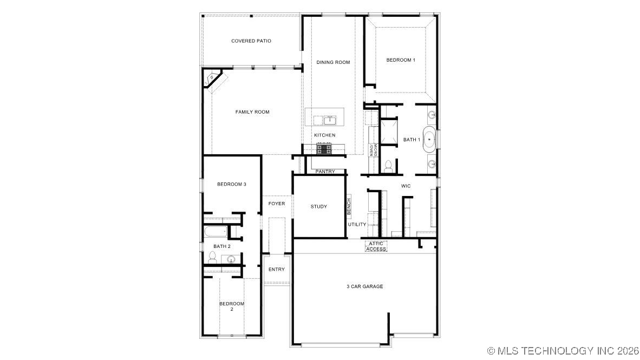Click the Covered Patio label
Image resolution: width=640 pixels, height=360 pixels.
tap(251, 41)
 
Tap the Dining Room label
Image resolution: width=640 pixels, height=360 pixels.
tap(333, 62)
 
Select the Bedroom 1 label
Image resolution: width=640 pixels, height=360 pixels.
tap(401, 60)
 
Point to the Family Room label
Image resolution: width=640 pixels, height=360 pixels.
tap(252, 112)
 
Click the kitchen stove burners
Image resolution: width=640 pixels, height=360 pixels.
tap(324, 148)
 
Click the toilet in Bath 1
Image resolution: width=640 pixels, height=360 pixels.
tap(388, 166)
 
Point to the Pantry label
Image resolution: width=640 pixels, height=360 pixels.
tap(325, 172)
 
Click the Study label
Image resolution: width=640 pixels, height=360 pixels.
tap(319, 206)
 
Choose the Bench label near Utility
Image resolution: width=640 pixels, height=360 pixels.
tap(349, 205)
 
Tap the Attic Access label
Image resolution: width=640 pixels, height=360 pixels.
tap(376, 246)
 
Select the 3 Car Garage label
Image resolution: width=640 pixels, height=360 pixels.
tap(365, 286)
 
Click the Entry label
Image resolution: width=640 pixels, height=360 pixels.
tap(277, 270)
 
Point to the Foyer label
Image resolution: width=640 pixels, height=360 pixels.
tap(277, 204)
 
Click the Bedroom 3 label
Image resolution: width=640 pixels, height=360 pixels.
tap(232, 184)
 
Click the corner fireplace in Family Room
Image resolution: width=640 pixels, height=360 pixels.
tap(214, 81)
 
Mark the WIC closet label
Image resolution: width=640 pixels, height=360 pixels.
tap(406, 186)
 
